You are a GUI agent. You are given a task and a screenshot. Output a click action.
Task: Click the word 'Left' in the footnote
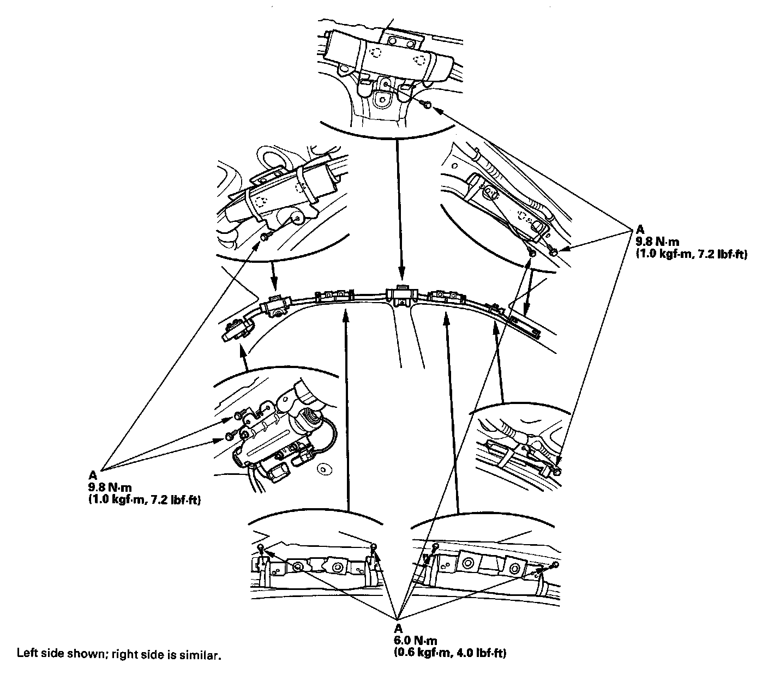26,653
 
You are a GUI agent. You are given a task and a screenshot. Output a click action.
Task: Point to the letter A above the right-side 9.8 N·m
640,230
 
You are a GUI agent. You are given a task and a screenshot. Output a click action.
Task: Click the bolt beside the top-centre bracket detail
428,104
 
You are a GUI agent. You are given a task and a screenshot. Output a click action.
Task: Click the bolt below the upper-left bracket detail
265,237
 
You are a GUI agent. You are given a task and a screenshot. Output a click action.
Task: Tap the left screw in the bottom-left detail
261,547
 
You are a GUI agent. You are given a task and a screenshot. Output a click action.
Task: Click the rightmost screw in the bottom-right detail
555,564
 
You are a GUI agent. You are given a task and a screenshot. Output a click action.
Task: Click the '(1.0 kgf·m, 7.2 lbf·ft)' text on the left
144,498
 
